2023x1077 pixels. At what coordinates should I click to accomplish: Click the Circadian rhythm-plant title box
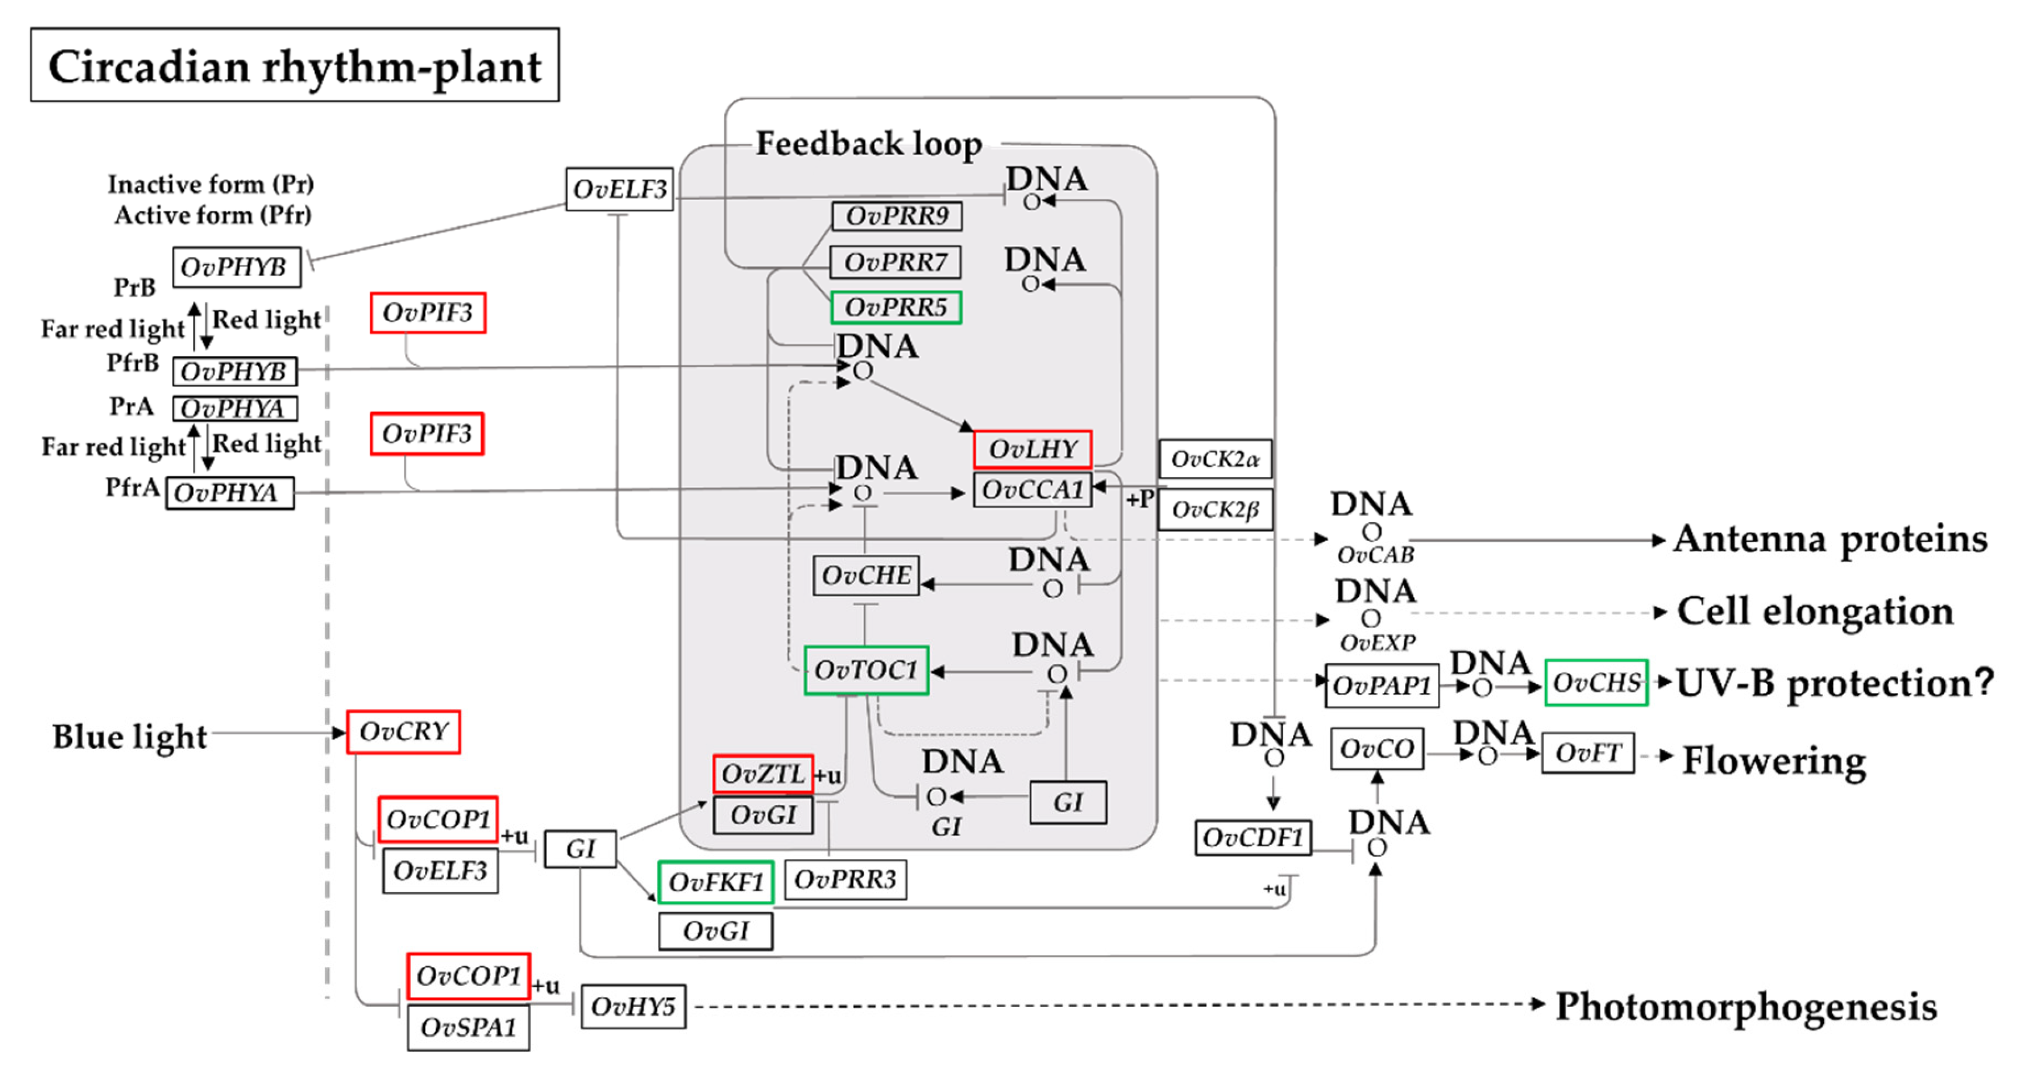[295, 65]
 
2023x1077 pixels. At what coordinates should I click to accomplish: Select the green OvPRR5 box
[895, 307]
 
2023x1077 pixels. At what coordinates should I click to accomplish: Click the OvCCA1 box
[1032, 490]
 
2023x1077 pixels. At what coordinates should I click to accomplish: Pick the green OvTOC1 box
[866, 670]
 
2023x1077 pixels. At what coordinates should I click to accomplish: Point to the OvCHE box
[866, 576]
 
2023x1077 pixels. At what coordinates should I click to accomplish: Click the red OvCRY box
[404, 732]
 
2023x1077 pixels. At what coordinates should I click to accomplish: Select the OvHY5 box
[633, 1006]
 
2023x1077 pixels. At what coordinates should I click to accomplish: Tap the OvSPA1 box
[468, 1027]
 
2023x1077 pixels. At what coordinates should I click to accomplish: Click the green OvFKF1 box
[715, 882]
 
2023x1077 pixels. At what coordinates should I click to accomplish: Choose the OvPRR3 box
[845, 880]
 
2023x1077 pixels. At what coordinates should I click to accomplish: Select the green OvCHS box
[1596, 683]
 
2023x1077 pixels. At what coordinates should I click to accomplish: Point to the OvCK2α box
[1214, 460]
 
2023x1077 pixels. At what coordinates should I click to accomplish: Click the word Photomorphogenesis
[1746, 1007]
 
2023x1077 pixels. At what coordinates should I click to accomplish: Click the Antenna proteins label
[1830, 540]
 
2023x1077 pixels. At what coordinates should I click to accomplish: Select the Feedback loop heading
[869, 144]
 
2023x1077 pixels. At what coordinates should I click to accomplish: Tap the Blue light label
[130, 737]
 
